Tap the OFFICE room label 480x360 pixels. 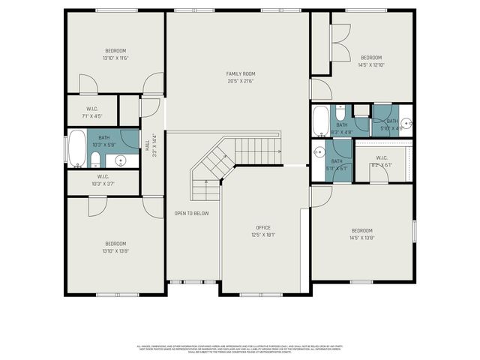point(262,227)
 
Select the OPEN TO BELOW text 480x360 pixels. point(191,213)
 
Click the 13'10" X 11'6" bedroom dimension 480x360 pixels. point(115,58)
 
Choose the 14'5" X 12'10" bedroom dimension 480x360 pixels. point(371,65)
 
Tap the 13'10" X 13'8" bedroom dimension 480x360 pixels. point(115,251)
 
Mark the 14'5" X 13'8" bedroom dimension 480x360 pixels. point(361,238)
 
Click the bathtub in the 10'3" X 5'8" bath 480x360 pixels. point(77,148)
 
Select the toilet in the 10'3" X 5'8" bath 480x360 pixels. point(96,158)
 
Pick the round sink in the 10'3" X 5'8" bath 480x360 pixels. point(120,160)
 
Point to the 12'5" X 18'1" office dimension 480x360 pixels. point(262,235)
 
